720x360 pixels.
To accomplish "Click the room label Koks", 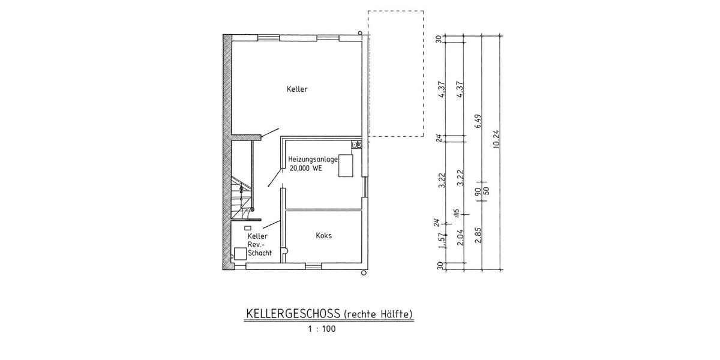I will (x=323, y=236).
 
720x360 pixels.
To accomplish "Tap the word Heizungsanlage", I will (x=313, y=159).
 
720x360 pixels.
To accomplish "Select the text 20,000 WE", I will (x=306, y=169).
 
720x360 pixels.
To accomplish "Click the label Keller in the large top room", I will (x=297, y=89).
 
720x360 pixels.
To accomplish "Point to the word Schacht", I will (x=260, y=253).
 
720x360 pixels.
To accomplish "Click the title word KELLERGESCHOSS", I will (x=293, y=314).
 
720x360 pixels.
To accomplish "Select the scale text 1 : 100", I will (x=322, y=329).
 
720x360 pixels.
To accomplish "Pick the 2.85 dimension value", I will (x=478, y=236).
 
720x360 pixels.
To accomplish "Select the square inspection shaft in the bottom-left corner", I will (x=240, y=254).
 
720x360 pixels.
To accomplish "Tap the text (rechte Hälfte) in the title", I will (x=379, y=314).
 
